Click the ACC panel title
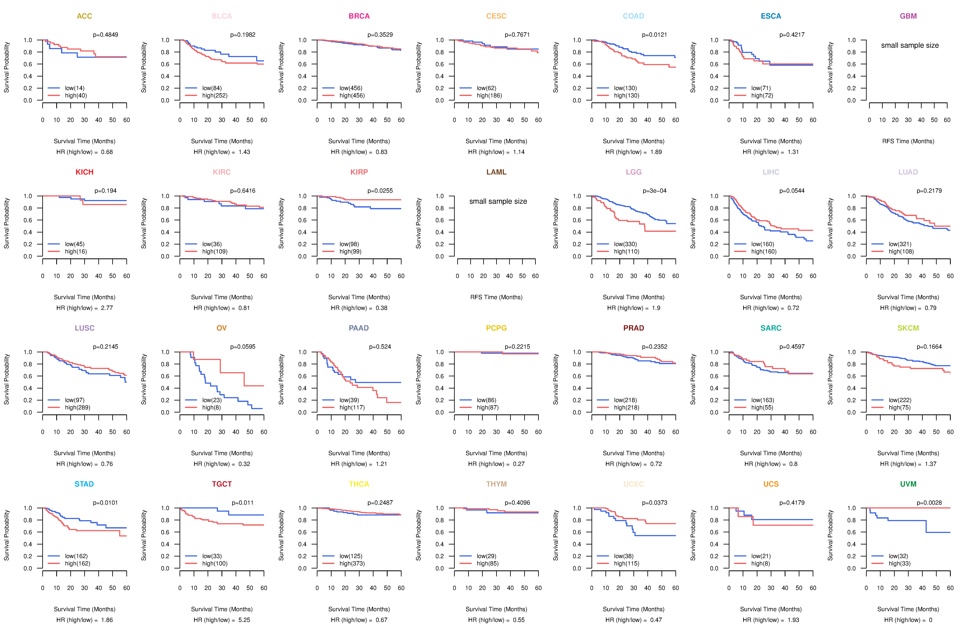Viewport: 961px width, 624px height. point(84,16)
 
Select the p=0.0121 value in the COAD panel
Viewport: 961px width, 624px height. point(655,35)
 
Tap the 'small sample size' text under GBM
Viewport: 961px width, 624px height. point(910,45)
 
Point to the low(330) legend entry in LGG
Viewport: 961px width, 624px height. point(625,244)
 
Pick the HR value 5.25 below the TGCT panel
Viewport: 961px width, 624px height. point(244,620)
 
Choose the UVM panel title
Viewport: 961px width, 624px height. point(908,484)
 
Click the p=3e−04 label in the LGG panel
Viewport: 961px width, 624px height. point(655,191)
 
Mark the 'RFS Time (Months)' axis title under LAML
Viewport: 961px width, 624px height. point(496,297)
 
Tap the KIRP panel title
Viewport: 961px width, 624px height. point(359,172)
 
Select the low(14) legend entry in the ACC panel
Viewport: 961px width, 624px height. point(75,88)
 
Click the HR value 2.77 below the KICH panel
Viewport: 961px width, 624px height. point(107,308)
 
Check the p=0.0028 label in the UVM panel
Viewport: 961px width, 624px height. point(929,503)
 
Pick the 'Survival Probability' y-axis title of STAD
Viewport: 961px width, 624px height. point(6,535)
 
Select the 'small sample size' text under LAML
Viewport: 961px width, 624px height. point(498,201)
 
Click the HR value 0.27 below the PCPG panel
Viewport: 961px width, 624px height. point(519,464)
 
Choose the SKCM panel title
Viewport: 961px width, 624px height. point(908,328)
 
